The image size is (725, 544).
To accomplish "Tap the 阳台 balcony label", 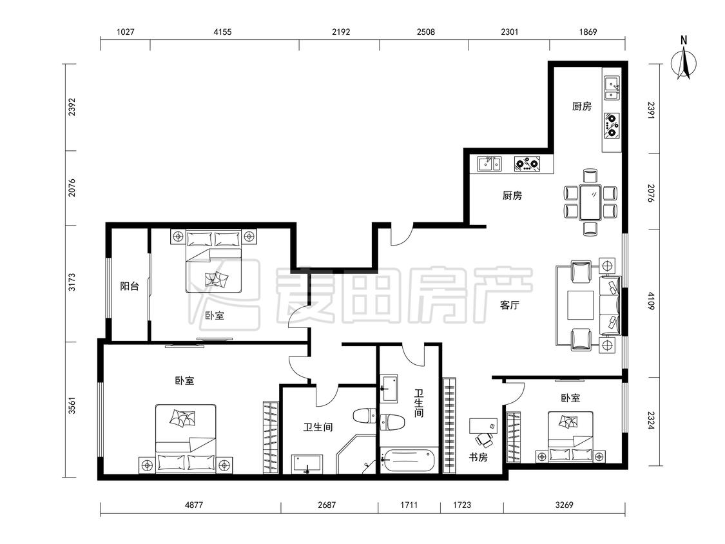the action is pos(130,286).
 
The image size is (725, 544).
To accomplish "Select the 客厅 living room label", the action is pos(510,306).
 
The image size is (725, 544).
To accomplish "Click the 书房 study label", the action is pos(478,458).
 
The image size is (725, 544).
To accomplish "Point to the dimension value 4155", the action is pos(222,32).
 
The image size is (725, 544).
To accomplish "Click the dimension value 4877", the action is pos(194,505).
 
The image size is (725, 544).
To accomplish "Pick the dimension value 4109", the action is pos(651,300).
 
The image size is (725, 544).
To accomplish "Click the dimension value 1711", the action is pos(409,505).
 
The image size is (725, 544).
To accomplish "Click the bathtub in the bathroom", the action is pos(409,460).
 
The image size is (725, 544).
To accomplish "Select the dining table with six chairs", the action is pos(590,202).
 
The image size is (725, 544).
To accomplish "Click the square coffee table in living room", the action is pos(580,306).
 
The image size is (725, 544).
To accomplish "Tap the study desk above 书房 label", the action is pos(483,426).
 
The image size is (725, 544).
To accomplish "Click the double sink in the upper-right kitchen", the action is pos(612,88).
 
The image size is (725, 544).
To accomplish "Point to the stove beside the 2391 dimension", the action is pos(612,125).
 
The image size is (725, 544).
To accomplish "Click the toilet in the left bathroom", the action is pos(367,415).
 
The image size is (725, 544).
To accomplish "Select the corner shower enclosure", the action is pos(356,454).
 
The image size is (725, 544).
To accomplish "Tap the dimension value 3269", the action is pos(564,505).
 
